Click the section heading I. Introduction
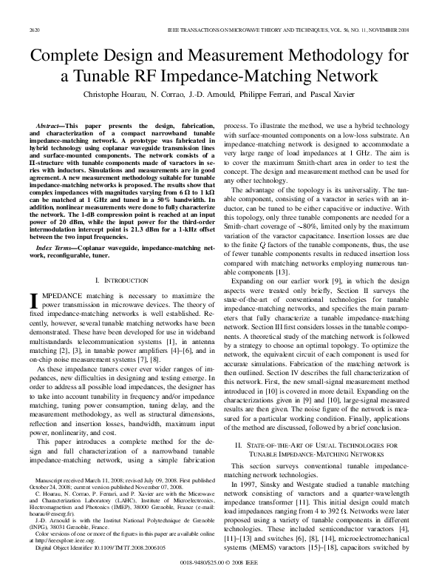coord(119,280)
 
